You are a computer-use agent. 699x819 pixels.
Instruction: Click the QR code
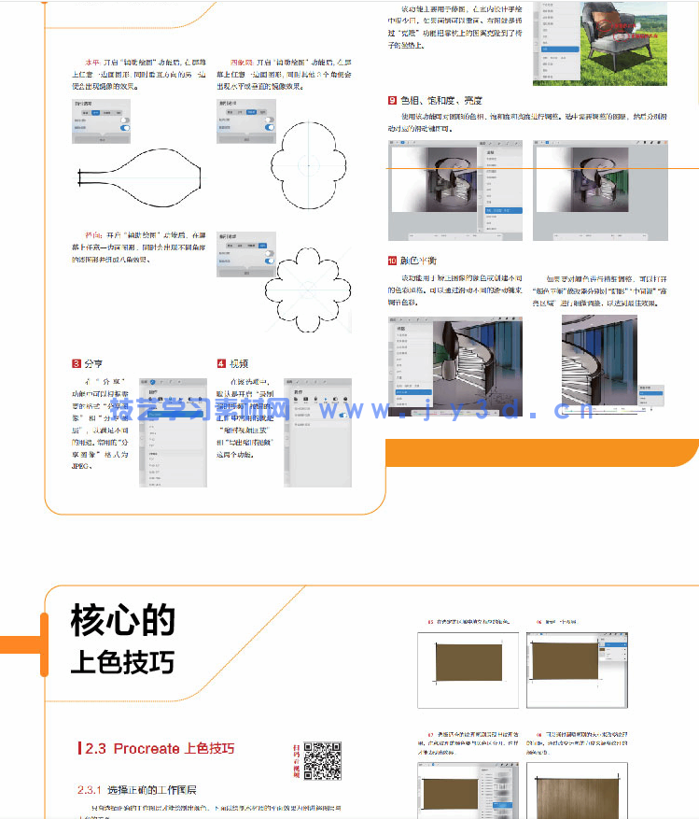(x=322, y=759)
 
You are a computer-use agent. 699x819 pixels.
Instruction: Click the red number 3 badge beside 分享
(x=77, y=363)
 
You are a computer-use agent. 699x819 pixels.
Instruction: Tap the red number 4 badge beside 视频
(x=221, y=363)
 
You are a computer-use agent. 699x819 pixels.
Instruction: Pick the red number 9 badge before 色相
(x=392, y=100)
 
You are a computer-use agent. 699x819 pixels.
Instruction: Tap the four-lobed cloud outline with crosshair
(x=308, y=167)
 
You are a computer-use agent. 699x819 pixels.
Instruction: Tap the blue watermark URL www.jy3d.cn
(x=484, y=410)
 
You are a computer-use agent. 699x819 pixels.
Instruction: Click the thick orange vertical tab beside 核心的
(x=43, y=643)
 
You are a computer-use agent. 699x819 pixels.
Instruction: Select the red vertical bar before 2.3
(x=80, y=749)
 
